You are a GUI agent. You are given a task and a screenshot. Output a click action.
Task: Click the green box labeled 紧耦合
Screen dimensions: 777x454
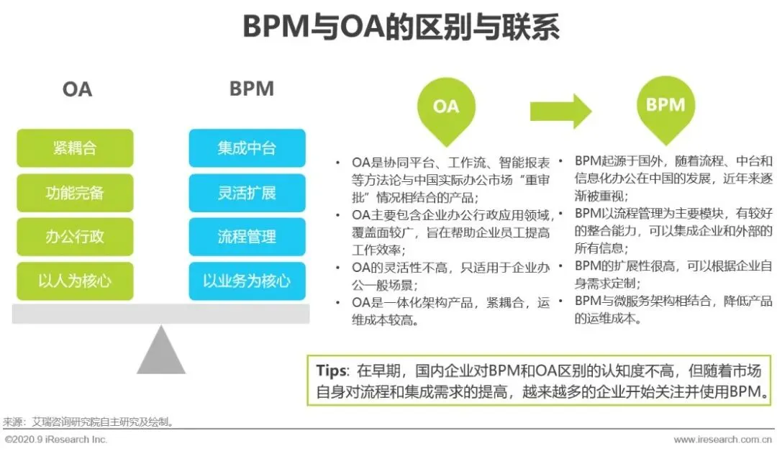[x=75, y=148]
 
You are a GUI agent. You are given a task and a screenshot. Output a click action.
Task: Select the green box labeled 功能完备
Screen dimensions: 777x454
[x=75, y=193]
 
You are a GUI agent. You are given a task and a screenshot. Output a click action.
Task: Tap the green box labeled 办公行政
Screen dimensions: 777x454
[x=75, y=237]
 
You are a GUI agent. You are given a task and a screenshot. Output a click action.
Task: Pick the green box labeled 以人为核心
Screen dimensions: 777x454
[x=75, y=281]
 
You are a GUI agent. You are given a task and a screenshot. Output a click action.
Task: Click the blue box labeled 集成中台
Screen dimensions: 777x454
[x=247, y=148]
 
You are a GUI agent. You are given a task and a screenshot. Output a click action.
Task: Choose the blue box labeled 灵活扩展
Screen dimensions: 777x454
[x=247, y=193]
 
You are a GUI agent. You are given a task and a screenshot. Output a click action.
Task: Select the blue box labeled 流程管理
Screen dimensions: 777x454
[x=247, y=237]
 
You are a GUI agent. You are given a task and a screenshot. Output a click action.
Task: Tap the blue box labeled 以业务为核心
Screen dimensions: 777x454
[x=247, y=281]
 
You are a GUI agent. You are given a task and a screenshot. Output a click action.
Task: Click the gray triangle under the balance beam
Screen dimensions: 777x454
[x=161, y=353]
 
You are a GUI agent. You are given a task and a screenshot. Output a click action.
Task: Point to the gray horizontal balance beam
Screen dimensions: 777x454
[x=161, y=314]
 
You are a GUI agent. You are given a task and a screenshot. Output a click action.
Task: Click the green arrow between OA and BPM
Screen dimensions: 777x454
[x=560, y=111]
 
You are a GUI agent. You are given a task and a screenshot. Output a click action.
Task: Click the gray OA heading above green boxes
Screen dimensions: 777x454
[x=77, y=89]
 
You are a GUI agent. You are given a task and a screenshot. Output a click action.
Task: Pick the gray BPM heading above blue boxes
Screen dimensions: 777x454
[x=252, y=88]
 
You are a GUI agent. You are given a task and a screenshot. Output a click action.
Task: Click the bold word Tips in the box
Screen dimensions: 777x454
[x=332, y=371]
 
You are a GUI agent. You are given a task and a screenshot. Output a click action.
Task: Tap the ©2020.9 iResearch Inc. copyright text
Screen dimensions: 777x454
[x=55, y=440]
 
